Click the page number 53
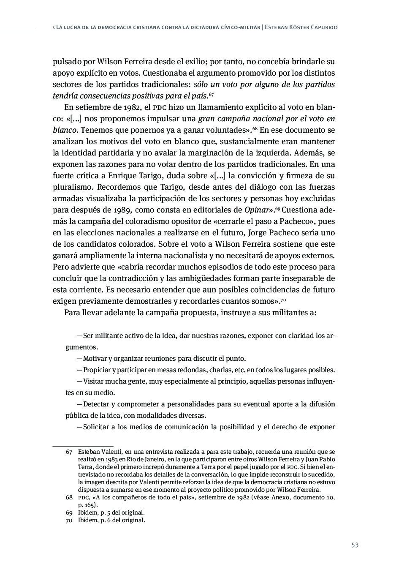355,545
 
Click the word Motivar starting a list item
95,359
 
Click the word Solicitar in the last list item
97,427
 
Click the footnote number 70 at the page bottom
69,520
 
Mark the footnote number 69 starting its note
69,512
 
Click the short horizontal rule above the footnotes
83,446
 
